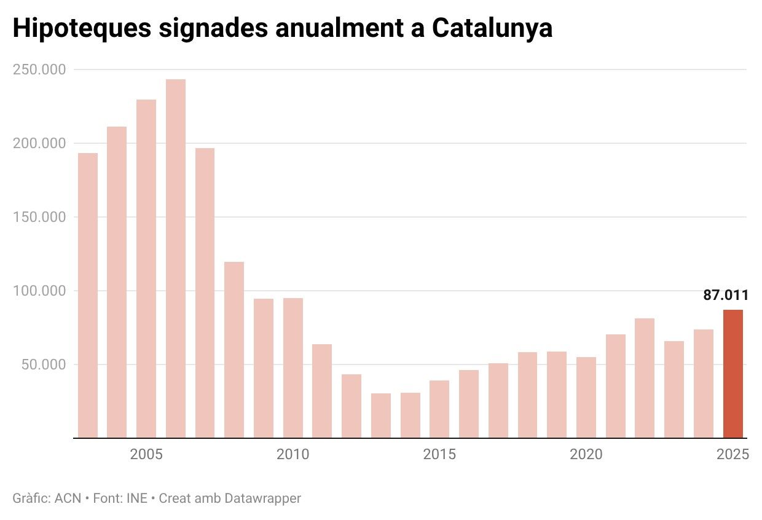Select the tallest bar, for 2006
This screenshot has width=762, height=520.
coord(176,258)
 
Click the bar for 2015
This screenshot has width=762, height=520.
coord(439,409)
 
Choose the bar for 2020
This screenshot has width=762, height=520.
coord(586,397)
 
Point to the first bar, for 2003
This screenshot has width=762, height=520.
coord(88,295)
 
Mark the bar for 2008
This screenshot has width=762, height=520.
coord(234,350)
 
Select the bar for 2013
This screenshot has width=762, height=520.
coord(381,416)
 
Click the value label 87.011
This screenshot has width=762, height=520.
coord(726,296)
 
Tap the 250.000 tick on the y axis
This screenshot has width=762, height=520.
coord(39,69)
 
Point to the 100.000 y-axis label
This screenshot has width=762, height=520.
coord(39,291)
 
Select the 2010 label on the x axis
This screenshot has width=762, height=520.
coord(293,455)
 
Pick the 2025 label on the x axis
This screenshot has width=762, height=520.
coord(733,455)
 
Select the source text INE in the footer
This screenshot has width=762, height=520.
coord(136,498)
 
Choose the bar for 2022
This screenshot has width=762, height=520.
coord(645,378)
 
